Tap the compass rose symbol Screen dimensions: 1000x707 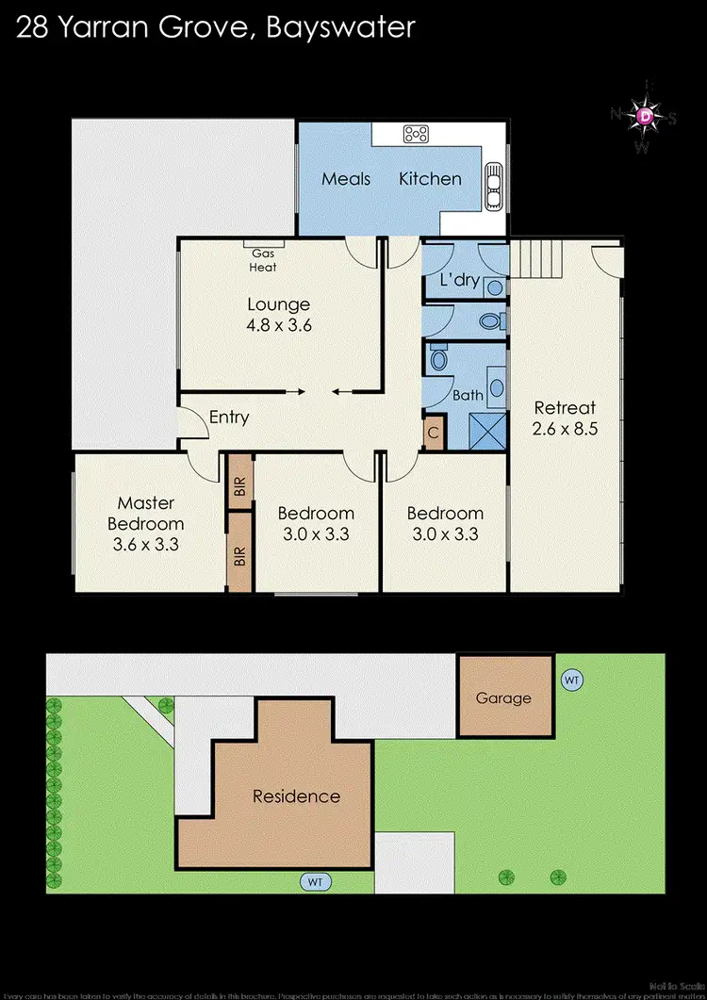(645, 116)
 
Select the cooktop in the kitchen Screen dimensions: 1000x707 (416, 134)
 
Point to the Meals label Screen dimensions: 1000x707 (346, 178)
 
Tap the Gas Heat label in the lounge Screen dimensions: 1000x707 (263, 260)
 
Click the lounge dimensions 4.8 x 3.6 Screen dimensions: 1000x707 (279, 325)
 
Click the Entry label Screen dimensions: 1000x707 (229, 417)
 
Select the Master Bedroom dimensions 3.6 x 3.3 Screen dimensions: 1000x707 (146, 544)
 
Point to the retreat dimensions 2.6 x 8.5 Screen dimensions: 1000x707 (566, 427)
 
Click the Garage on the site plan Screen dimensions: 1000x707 (503, 698)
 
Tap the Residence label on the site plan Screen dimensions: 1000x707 (296, 796)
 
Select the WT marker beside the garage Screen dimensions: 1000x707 (571, 679)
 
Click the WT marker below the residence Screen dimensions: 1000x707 (316, 882)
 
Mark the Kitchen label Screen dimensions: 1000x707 (430, 178)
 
